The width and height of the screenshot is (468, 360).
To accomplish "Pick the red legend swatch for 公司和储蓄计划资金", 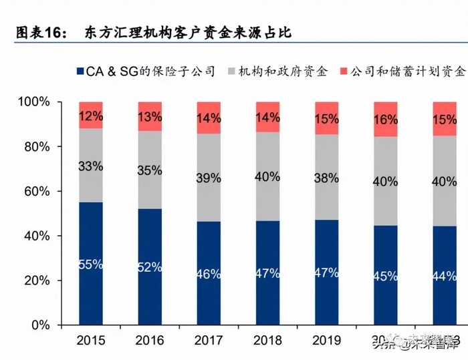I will coord(344,71).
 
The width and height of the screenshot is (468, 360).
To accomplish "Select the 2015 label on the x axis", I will coord(91,341).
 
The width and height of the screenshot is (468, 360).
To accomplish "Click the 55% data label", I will coord(91,264).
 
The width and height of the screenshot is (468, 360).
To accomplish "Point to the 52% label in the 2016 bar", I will coord(150,267).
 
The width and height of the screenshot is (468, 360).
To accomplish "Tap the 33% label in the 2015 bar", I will coord(91,166).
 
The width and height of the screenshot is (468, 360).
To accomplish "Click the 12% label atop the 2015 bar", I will coord(91,116).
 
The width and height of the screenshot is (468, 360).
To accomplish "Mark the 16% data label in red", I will coord(385,120).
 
